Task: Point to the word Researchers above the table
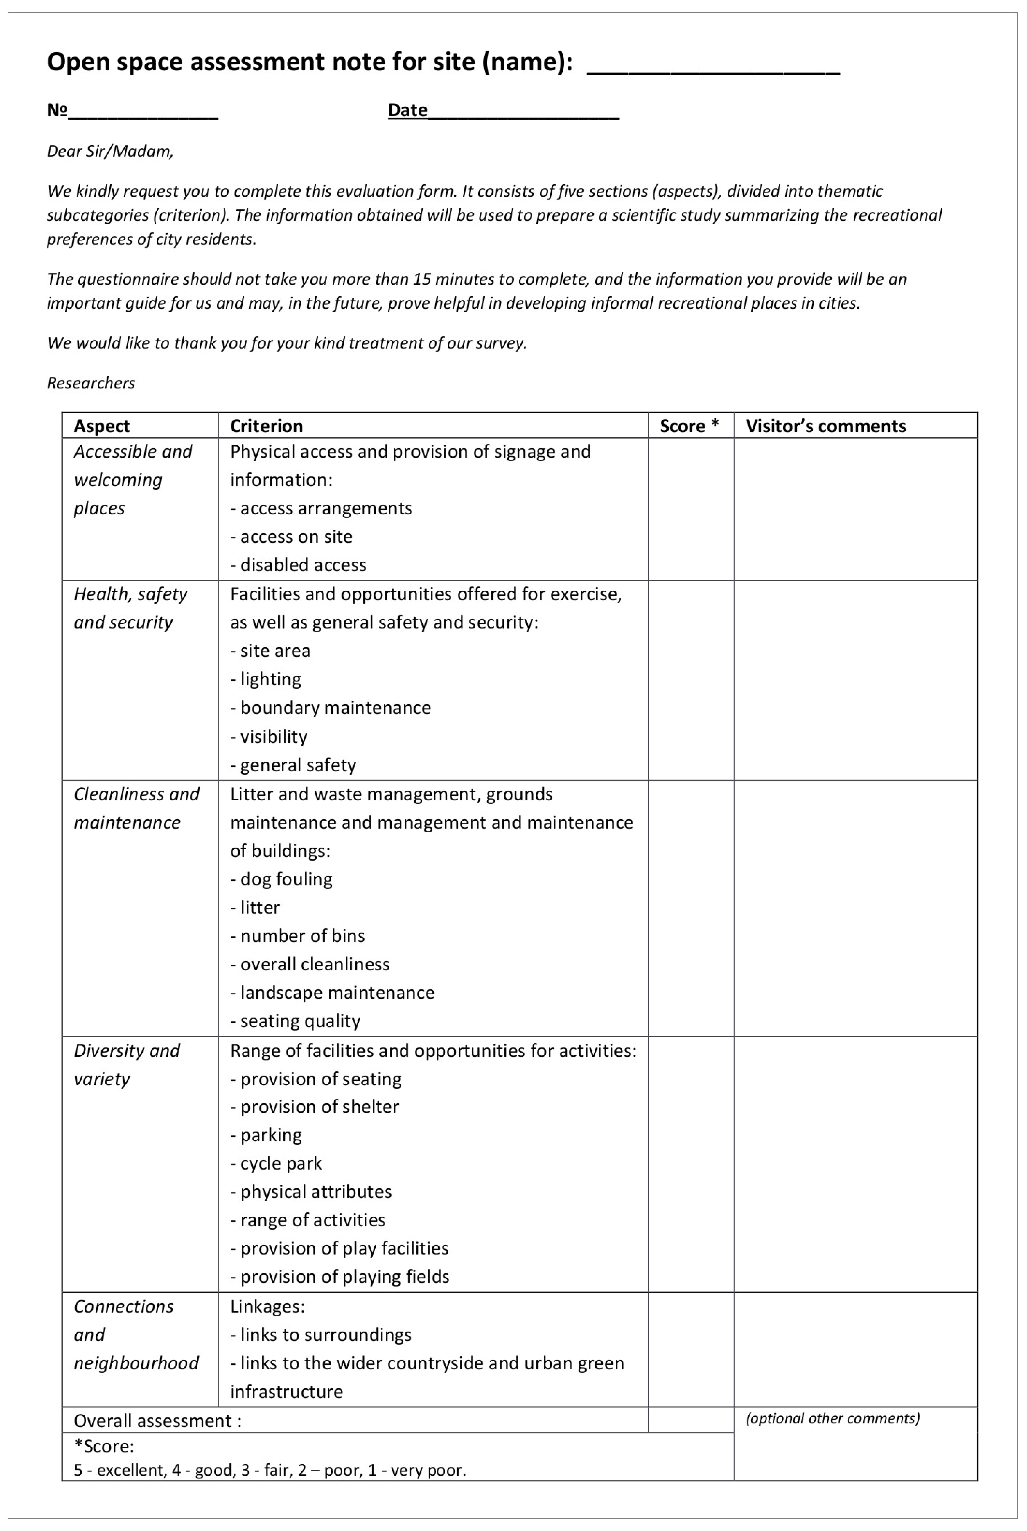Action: (91, 383)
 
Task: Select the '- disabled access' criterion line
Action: (298, 565)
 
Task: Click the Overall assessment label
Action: (157, 1421)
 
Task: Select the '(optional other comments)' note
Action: (832, 1418)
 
